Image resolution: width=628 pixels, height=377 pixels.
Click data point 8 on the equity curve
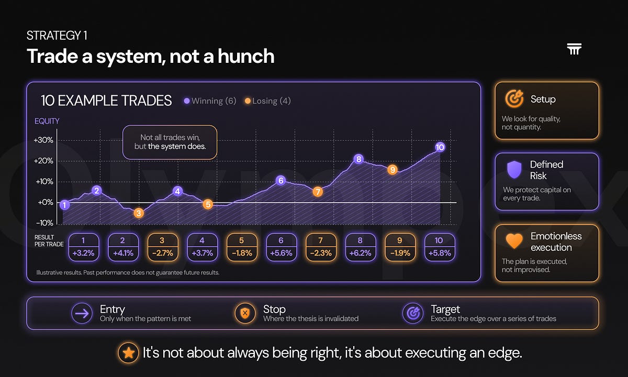[x=358, y=159]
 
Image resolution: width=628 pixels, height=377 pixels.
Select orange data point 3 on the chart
[x=139, y=213]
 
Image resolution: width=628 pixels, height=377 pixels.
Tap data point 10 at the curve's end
[x=440, y=147]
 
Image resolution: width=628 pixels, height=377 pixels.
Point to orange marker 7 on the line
[x=318, y=192]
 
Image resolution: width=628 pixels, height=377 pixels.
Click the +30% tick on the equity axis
[x=43, y=140]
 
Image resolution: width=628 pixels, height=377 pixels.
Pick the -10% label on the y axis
[x=44, y=223]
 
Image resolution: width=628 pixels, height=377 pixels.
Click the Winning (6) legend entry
[x=210, y=101]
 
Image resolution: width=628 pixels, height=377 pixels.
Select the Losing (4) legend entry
[x=268, y=101]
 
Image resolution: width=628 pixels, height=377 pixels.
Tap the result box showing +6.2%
[x=360, y=247]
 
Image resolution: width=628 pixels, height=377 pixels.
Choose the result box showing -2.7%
[x=163, y=247]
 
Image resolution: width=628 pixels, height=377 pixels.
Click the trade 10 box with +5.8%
[x=440, y=247]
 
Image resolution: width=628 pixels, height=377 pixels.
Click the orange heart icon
[x=514, y=241]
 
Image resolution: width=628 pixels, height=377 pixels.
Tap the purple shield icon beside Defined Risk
[x=514, y=170]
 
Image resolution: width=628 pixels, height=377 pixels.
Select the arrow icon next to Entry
[x=82, y=313]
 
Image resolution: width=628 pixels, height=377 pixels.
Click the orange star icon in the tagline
[x=128, y=353]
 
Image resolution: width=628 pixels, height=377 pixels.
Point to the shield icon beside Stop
[x=245, y=313]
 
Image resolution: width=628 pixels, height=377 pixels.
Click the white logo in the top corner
[x=574, y=49]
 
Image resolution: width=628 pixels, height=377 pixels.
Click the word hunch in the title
[x=246, y=56]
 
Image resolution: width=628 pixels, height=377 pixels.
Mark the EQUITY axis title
[x=47, y=121]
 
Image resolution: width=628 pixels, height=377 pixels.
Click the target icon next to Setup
[x=514, y=99]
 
